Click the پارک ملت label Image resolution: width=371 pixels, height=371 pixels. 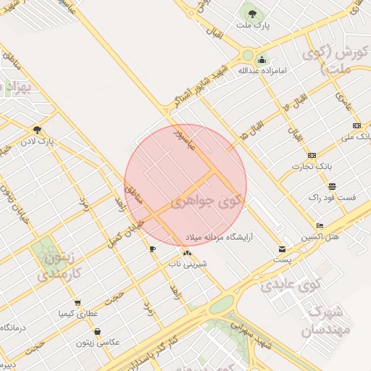tap(253, 25)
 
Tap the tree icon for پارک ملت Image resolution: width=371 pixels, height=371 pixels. tap(252, 13)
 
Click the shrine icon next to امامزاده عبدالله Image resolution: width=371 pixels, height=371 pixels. tap(262, 60)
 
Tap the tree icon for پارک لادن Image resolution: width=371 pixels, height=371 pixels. tap(36, 129)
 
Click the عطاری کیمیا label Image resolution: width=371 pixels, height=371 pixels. tap(78, 314)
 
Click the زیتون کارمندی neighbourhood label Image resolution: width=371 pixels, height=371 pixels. tap(54, 264)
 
